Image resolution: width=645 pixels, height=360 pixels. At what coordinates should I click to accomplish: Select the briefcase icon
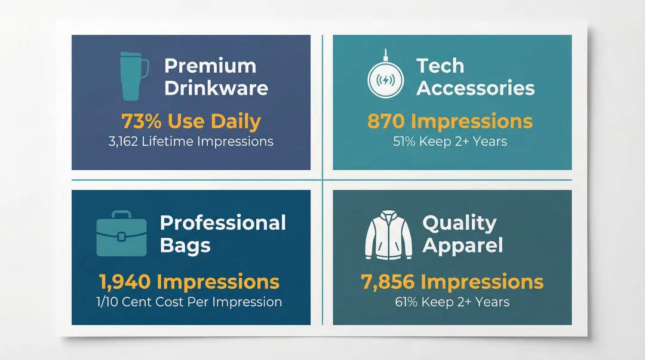click(121, 233)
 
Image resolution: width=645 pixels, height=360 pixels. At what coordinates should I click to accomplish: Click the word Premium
click(210, 66)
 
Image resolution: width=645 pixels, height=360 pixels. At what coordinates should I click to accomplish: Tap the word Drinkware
click(216, 88)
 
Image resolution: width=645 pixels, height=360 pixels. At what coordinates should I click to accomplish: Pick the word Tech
click(440, 66)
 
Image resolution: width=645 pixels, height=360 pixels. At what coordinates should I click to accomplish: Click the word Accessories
click(475, 88)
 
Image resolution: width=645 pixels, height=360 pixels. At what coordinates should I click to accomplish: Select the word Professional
click(223, 223)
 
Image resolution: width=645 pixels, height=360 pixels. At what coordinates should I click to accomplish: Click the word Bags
click(185, 245)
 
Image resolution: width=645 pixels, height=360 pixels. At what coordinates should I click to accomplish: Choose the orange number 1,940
click(124, 282)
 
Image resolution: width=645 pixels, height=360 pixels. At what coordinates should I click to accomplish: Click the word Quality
click(459, 223)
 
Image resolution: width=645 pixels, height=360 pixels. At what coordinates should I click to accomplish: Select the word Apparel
click(463, 245)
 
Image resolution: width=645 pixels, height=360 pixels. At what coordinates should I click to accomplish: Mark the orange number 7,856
click(386, 282)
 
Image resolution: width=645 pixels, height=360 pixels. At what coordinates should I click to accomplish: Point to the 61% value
click(406, 301)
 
